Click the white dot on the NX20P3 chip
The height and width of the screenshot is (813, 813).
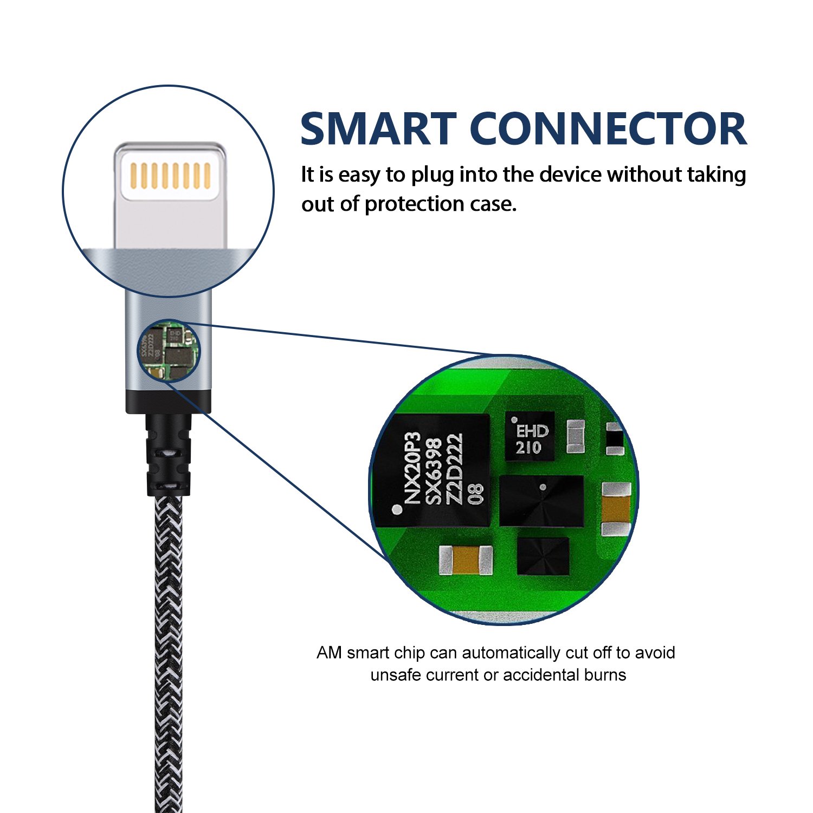pos(397,509)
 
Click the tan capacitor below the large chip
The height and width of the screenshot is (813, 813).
pos(466,560)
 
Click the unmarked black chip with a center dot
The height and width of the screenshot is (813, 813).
pos(541,501)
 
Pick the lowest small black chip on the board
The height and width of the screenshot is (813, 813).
pos(543,556)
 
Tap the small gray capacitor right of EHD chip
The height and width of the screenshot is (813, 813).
pos(575,436)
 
